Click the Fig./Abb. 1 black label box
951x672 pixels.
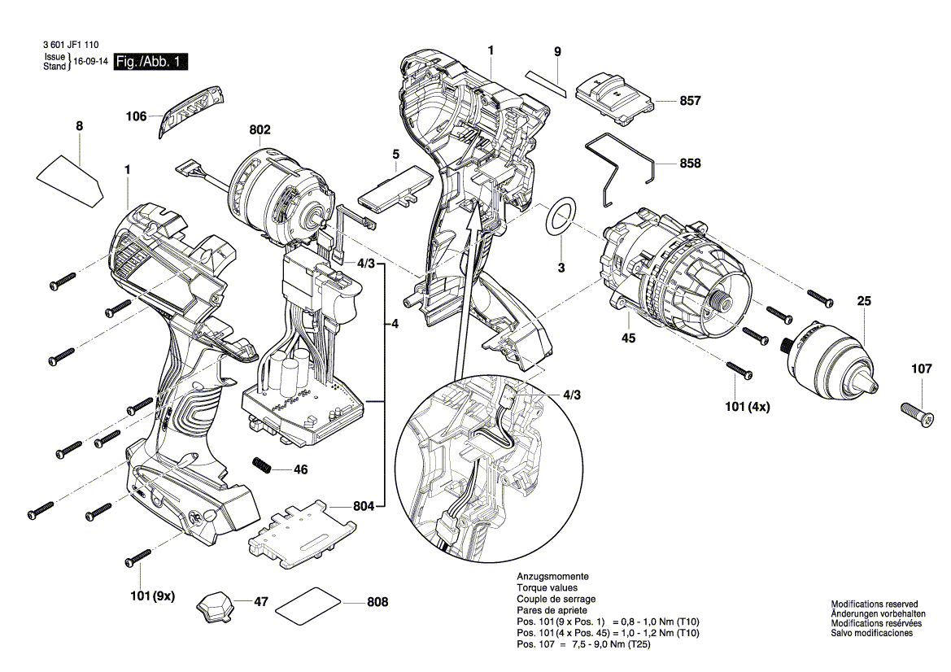pyautogui.click(x=151, y=62)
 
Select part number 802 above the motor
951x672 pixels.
pyautogui.click(x=260, y=130)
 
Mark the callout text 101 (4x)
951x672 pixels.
pyautogui.click(x=746, y=408)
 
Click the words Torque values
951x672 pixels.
pyautogui.click(x=547, y=587)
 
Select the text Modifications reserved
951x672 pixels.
pyautogui.click(x=874, y=604)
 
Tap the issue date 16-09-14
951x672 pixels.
pyautogui.click(x=91, y=62)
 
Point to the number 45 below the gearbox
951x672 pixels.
pyautogui.click(x=628, y=338)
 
